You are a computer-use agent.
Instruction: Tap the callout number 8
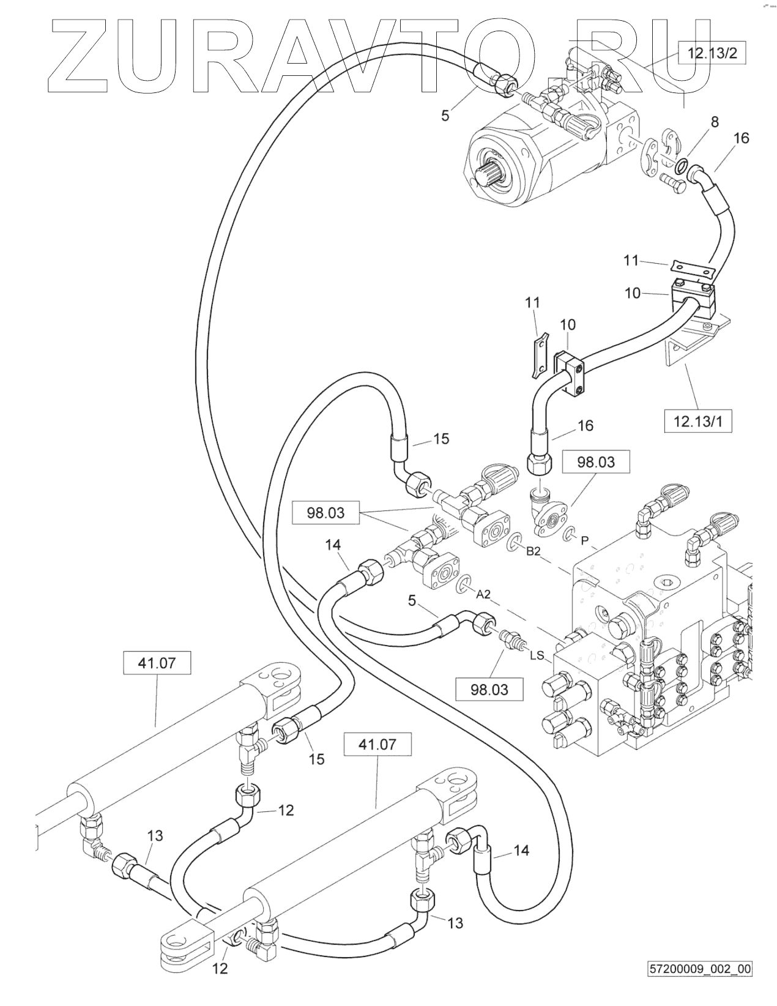pos(714,122)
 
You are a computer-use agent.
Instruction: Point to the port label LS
pos(537,655)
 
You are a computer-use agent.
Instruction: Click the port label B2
pos(533,551)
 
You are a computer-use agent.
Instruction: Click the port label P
pos(585,540)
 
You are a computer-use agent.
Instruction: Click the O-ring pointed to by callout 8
pos(683,164)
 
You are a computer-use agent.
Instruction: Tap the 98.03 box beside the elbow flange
pos(596,461)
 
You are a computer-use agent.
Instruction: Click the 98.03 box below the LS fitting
pos(489,690)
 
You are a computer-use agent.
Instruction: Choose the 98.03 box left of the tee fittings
pos(326,513)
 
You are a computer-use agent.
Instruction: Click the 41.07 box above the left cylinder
pos(157,663)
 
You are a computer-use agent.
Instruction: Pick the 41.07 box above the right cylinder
pos(377,745)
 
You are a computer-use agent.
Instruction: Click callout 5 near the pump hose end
pos(445,114)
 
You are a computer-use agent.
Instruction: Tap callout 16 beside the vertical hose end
pos(586,425)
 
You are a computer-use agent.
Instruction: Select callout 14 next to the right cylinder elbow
pos(521,850)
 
